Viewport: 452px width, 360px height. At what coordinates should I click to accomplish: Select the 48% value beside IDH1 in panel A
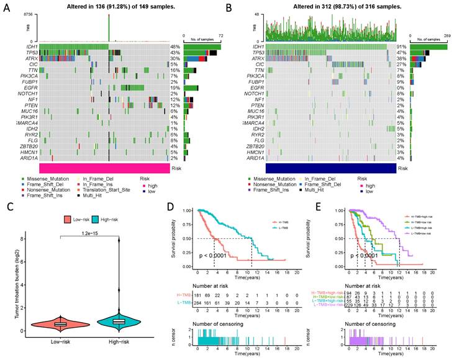(175, 47)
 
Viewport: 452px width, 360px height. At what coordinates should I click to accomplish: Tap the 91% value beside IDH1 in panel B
(402, 47)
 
